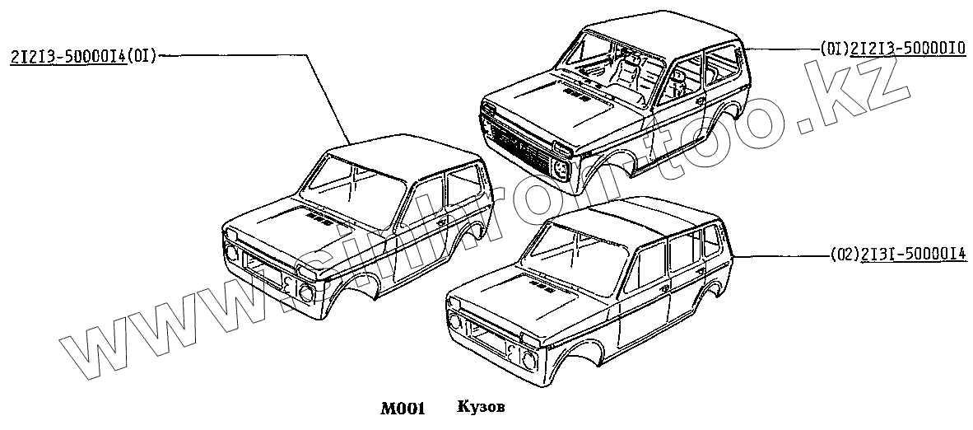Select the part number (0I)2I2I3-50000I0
pyautogui.click(x=892, y=49)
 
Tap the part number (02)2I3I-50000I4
pyautogui.click(x=894, y=256)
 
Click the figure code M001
pyautogui.click(x=403, y=407)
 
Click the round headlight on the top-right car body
pyautogui.click(x=561, y=169)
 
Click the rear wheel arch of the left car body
pyautogui.click(x=469, y=235)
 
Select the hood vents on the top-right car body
pyautogui.click(x=576, y=96)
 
